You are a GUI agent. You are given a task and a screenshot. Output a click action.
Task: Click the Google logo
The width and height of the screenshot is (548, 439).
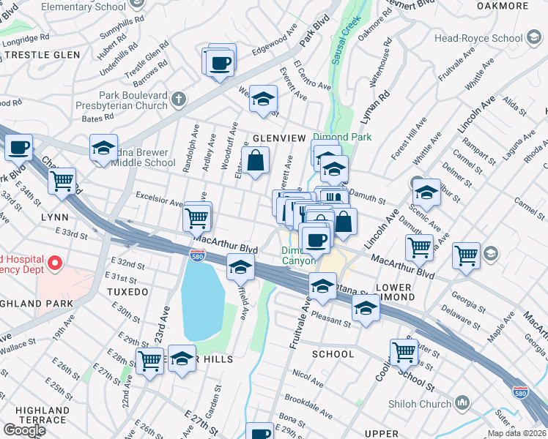click(x=23, y=430)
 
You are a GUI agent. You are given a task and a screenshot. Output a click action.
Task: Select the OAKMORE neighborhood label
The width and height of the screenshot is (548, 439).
click(x=523, y=6)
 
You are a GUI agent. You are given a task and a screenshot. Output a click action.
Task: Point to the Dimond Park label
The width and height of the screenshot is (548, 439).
click(x=342, y=137)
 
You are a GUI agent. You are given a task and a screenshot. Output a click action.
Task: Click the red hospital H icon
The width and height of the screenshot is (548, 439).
click(x=53, y=262)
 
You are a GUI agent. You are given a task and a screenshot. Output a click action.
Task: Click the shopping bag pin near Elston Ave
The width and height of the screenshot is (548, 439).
click(x=255, y=161)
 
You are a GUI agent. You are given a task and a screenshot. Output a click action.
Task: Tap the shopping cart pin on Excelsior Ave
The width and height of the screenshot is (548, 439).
click(x=197, y=217)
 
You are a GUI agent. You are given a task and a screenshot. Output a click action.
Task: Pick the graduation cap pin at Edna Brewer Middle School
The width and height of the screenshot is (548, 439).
click(x=104, y=149)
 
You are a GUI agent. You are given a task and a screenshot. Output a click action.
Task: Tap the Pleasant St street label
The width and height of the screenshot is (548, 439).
click(x=332, y=320)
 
